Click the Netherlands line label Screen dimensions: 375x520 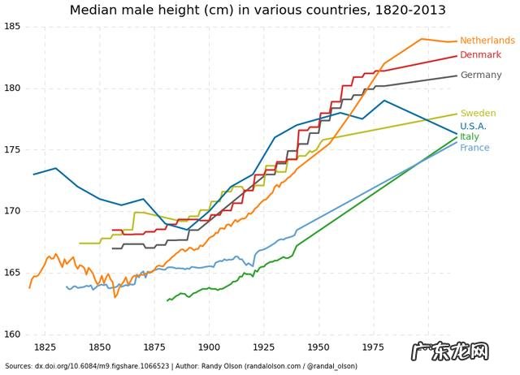tap(487, 41)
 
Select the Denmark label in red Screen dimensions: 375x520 tap(481, 55)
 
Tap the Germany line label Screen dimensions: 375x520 tap(481, 75)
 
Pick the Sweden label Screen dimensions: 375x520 tap(478, 114)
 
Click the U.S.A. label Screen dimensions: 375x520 tap(473, 127)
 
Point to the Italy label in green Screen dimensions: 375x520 tap(470, 137)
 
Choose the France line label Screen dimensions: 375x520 tap(474, 148)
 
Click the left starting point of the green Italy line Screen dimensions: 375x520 tap(167, 301)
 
